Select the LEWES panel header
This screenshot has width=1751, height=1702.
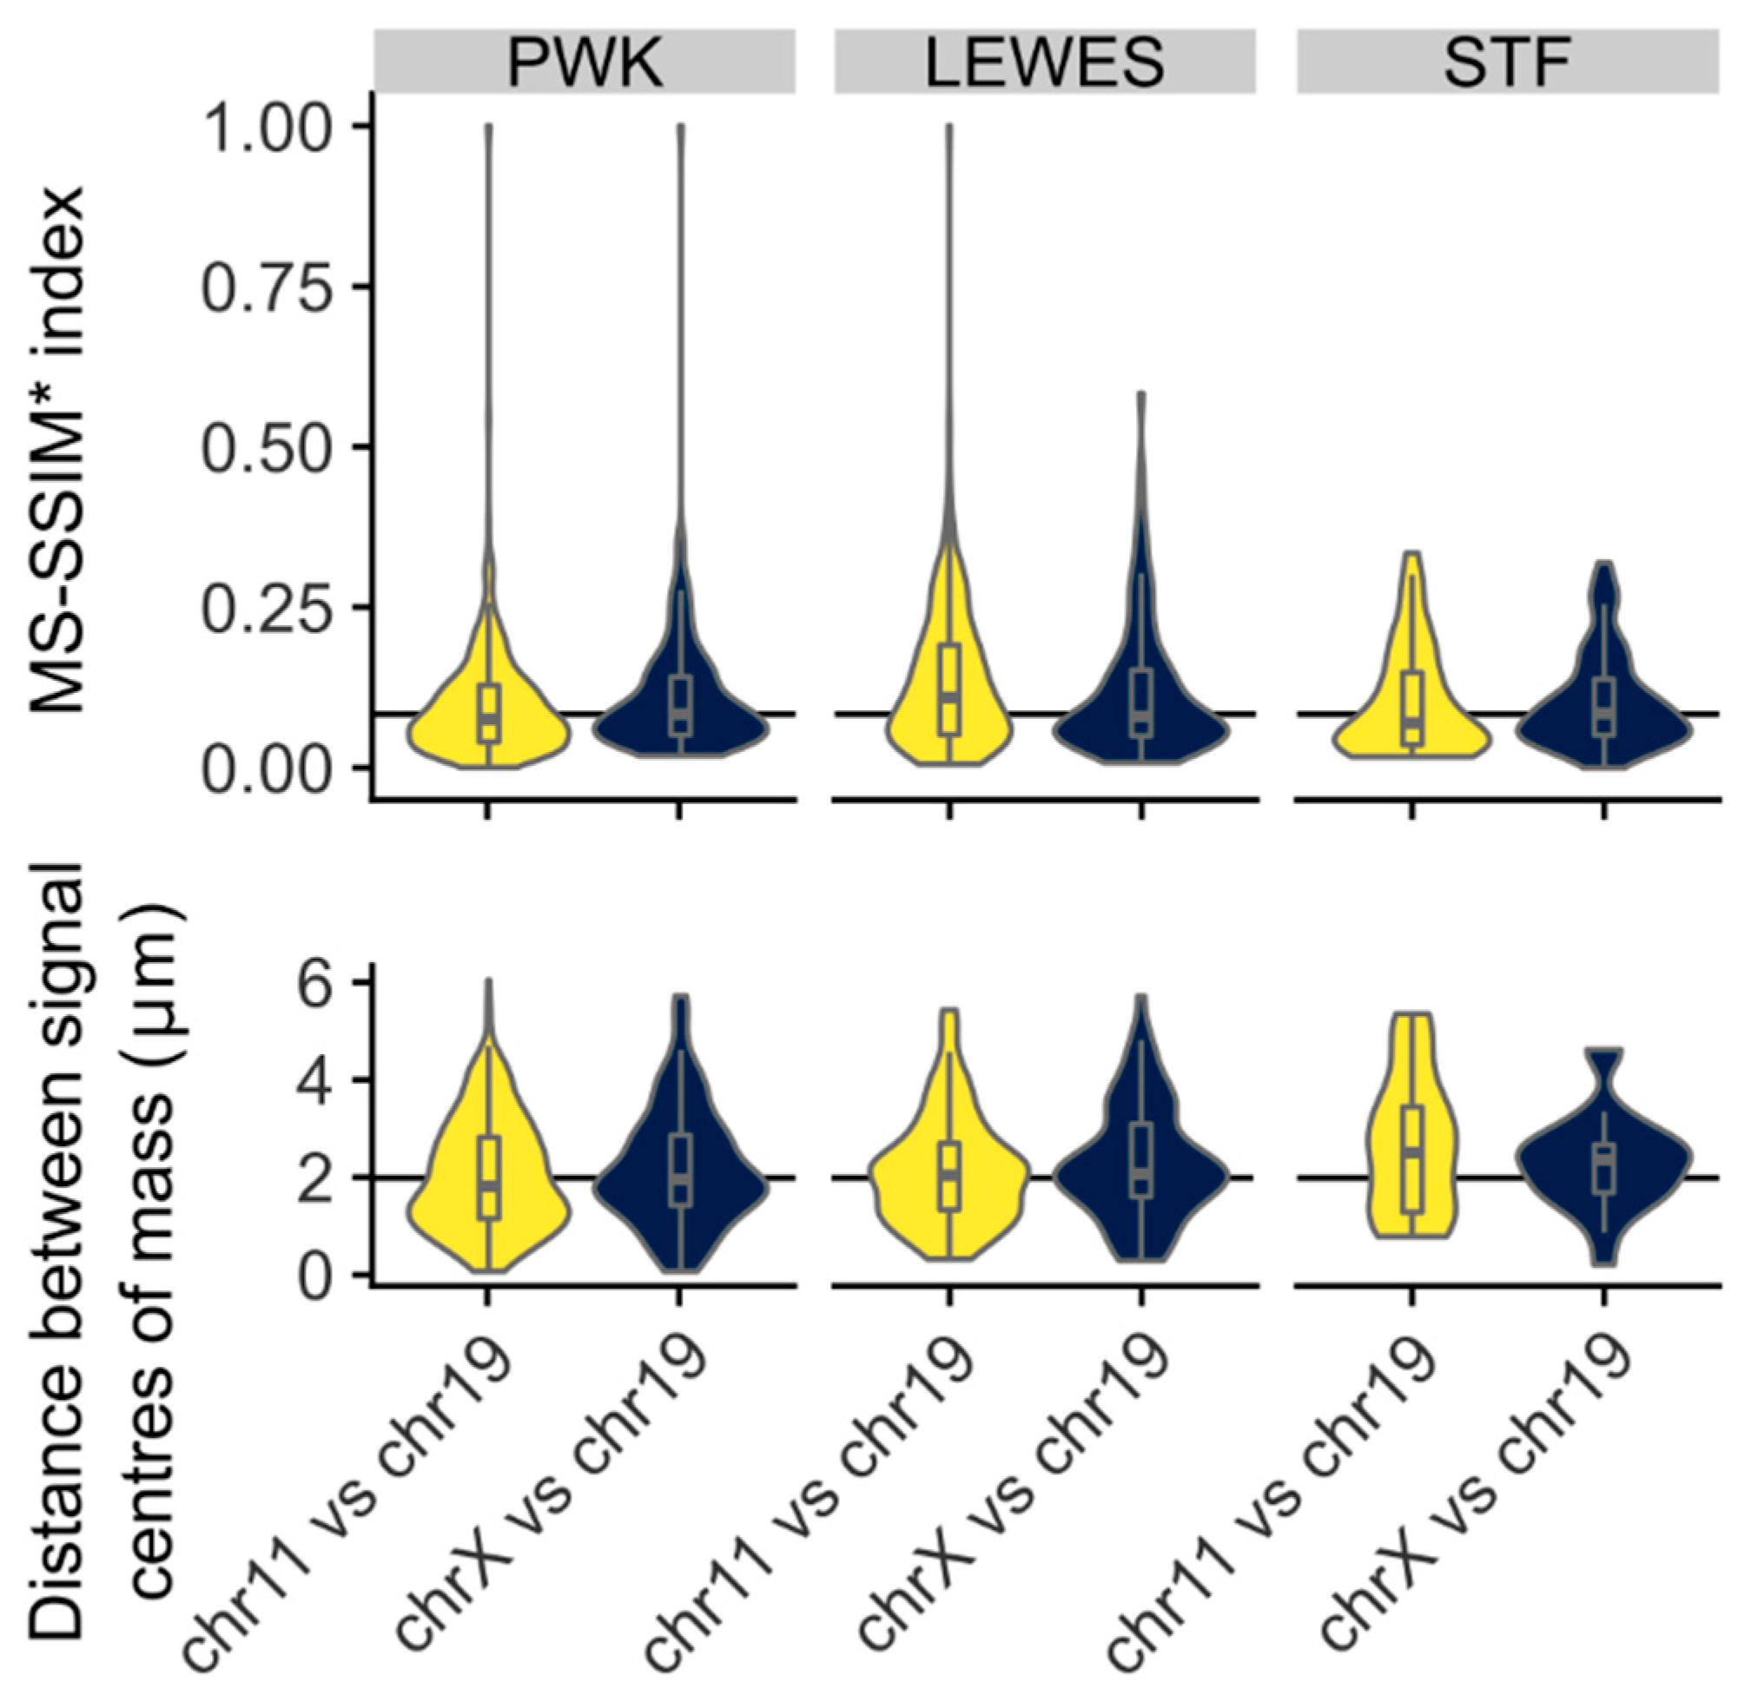(1045, 61)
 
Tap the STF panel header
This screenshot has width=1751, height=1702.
(1507, 61)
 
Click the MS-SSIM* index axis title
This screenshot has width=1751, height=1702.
(61, 447)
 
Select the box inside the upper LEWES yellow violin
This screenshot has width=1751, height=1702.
(949, 689)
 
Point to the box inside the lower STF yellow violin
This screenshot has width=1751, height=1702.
(1412, 1159)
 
